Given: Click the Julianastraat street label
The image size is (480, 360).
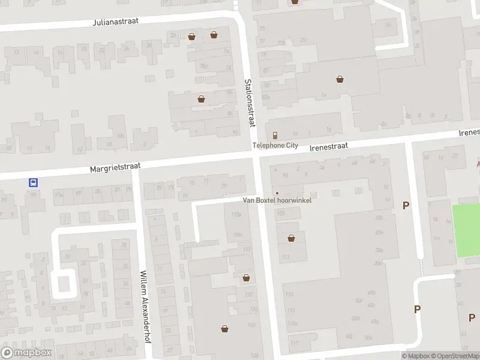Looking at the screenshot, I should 116,21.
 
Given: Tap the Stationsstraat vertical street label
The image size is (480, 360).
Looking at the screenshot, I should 250,103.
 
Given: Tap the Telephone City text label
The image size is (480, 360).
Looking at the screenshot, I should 275,145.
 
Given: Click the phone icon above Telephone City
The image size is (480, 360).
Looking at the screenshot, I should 275,135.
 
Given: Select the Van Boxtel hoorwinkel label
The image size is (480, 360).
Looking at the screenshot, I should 277,200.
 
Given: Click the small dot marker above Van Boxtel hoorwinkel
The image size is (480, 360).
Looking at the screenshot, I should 277,193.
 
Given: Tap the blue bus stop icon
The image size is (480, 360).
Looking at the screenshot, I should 34,183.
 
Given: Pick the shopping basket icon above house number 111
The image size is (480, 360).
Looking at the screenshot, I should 291,238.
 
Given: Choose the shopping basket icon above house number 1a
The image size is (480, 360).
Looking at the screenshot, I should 340,79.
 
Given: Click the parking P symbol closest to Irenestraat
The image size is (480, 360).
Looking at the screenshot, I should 406,206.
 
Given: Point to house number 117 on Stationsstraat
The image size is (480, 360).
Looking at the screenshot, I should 293,343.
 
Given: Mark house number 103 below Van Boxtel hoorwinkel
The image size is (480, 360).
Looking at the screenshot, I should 281,213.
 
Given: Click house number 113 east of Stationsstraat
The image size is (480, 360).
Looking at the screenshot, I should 290,294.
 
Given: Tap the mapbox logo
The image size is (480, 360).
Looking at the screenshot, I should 26,353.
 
